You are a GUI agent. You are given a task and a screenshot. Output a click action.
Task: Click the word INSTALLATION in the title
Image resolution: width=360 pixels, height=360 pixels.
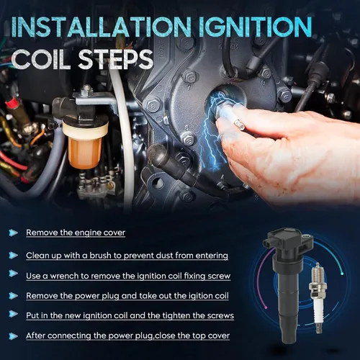[101, 27]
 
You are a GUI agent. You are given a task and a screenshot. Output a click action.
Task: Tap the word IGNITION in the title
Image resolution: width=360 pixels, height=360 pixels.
[256, 27]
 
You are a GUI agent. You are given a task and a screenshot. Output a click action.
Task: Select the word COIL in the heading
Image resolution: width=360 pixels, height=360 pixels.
[41, 59]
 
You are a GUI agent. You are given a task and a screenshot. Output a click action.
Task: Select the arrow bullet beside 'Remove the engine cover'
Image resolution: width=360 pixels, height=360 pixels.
[13, 233]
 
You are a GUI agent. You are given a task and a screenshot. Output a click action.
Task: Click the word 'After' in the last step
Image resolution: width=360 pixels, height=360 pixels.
[35, 336]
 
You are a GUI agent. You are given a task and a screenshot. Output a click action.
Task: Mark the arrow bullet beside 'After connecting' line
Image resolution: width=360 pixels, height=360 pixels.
[13, 336]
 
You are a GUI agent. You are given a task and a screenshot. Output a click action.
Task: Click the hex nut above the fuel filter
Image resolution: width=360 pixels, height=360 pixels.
[86, 91]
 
